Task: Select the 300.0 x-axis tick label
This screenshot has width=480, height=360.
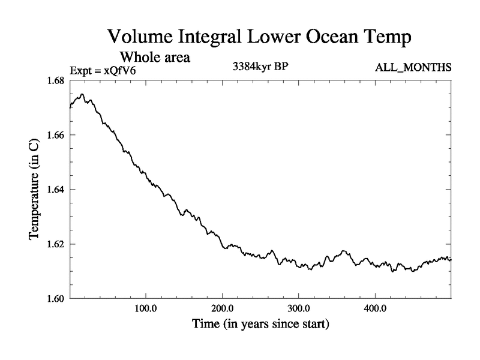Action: pyautogui.click(x=299, y=310)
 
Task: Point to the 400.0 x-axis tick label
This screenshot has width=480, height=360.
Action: pyautogui.click(x=375, y=310)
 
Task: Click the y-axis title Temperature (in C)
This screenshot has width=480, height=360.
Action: pyautogui.click(x=34, y=190)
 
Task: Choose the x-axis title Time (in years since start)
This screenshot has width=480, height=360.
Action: pyautogui.click(x=260, y=325)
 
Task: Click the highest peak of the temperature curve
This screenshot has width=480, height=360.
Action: pyautogui.click(x=82, y=94)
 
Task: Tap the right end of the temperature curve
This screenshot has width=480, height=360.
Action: pyautogui.click(x=451, y=259)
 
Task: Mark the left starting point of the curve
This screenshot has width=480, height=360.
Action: pyautogui.click(x=70, y=107)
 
